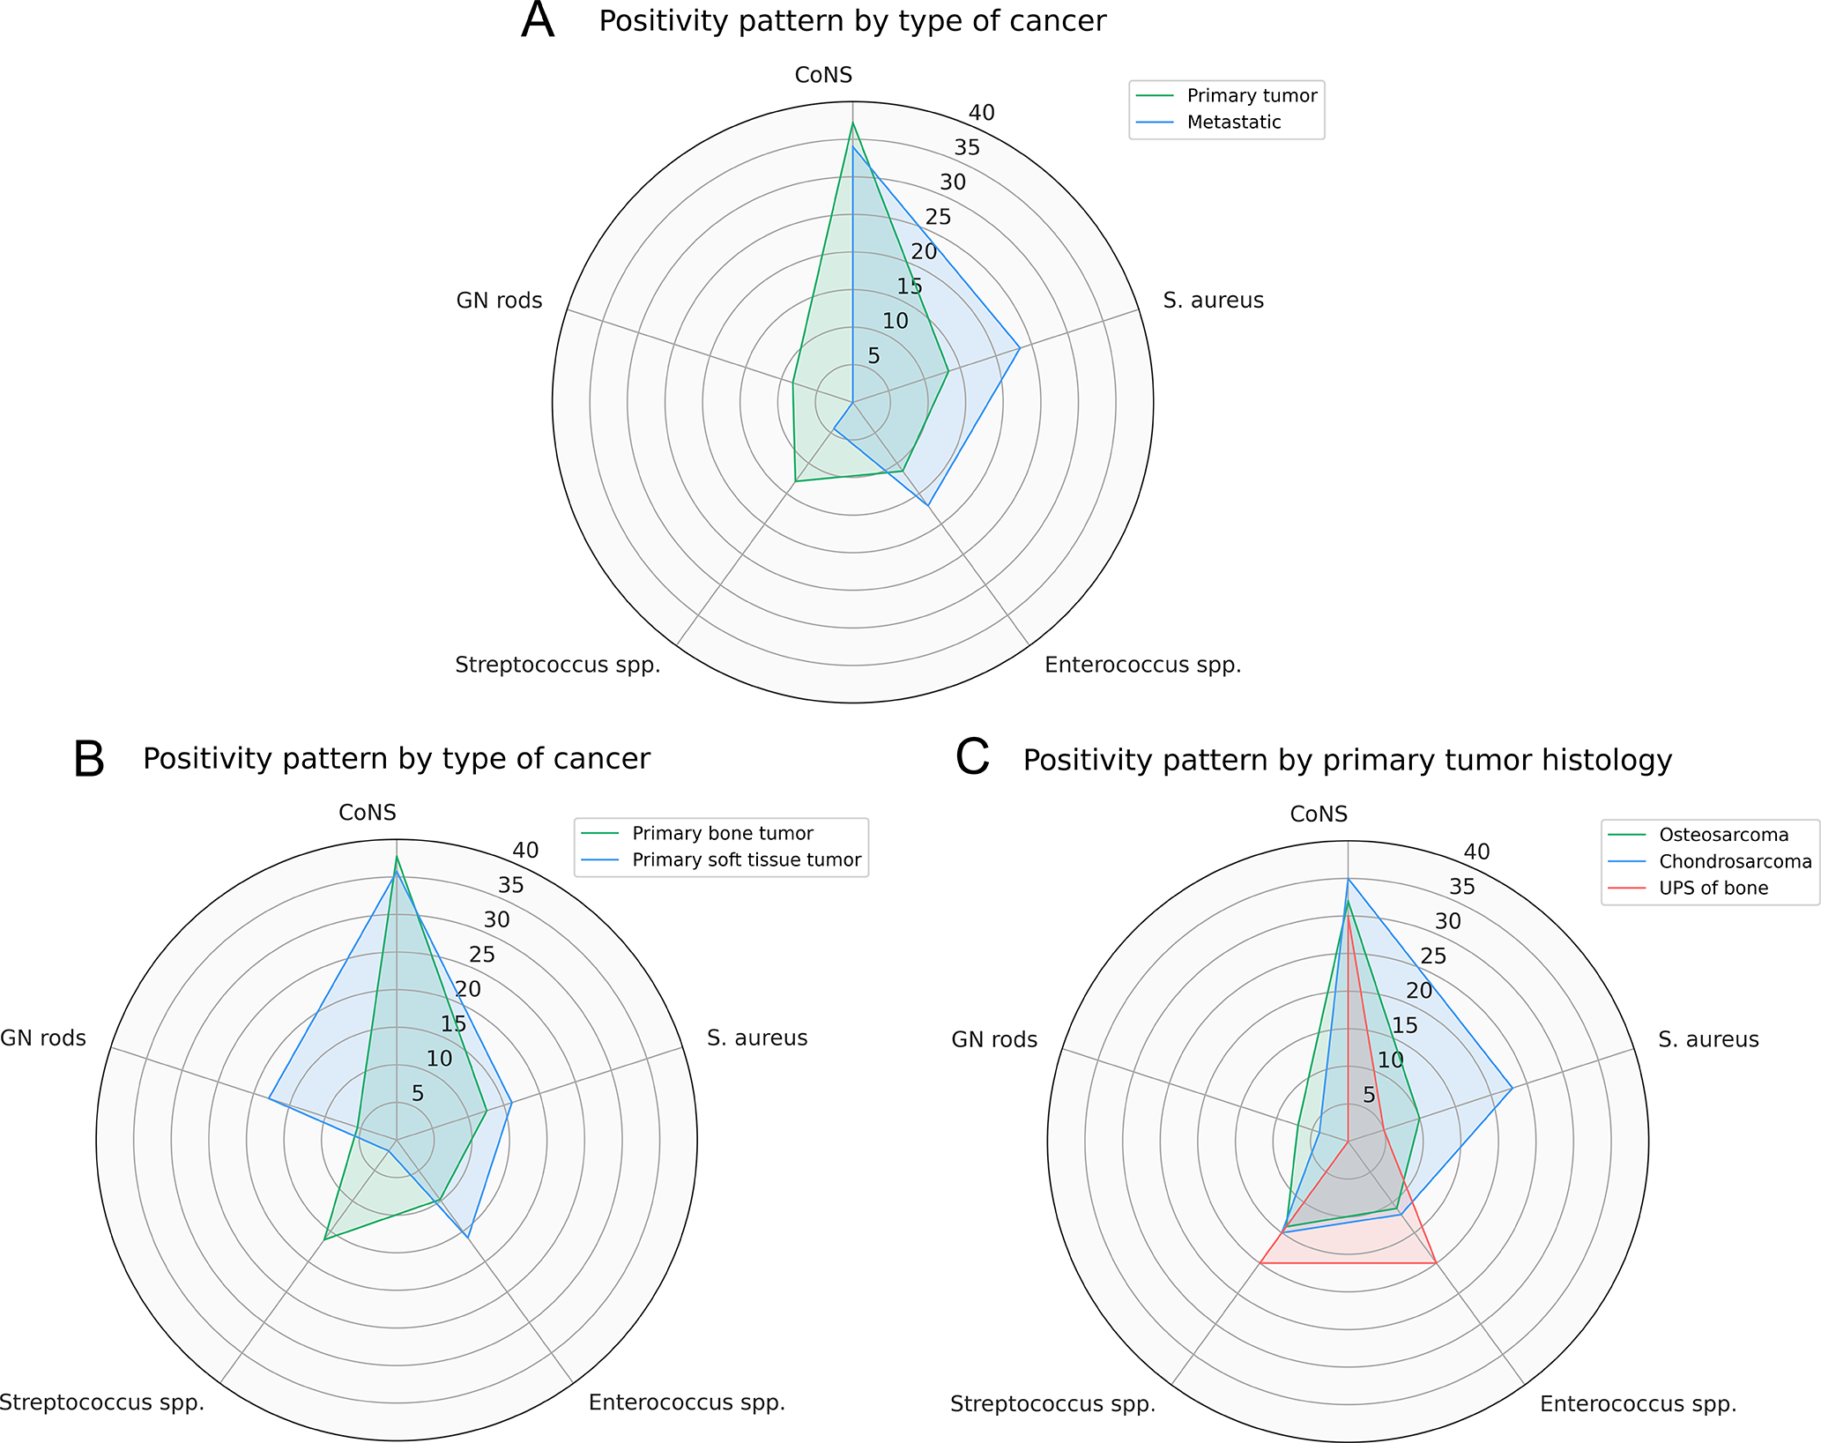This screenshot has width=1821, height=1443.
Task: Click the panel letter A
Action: (x=538, y=21)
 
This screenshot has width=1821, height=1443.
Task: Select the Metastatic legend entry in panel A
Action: (x=1233, y=123)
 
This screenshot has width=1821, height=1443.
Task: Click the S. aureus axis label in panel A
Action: (x=1213, y=301)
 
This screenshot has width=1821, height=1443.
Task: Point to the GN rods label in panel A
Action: (x=499, y=301)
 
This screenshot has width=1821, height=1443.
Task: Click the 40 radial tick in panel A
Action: (x=981, y=113)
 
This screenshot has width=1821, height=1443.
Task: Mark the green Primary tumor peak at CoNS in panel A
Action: (x=852, y=123)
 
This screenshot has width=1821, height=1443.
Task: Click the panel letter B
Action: (x=89, y=759)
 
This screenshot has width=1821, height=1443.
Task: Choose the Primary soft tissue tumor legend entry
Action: (x=746, y=860)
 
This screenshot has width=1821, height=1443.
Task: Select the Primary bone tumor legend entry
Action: (x=722, y=834)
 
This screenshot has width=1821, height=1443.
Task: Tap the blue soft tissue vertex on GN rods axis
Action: (x=270, y=1098)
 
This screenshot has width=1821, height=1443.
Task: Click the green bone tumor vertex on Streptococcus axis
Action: (x=325, y=1239)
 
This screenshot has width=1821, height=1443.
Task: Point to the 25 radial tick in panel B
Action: (x=482, y=955)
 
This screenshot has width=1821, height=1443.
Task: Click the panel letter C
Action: (x=972, y=759)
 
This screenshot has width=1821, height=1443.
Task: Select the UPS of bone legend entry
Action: (x=1713, y=889)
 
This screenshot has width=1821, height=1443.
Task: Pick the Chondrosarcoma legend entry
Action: (x=1735, y=862)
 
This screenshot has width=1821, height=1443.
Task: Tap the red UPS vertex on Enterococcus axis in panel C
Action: (x=1437, y=1263)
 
